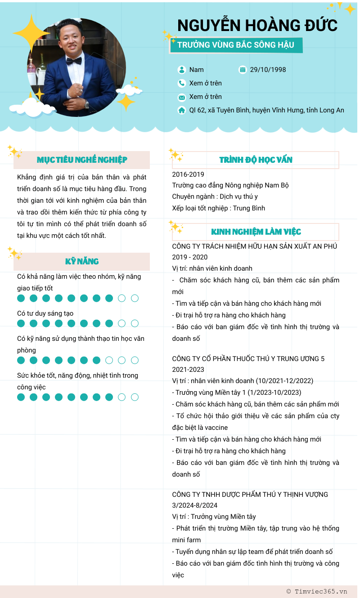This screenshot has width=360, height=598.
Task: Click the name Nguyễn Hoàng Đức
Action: [257, 26]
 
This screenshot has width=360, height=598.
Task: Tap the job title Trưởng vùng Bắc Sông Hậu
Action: [236, 45]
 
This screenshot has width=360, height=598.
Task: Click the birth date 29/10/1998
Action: [268, 70]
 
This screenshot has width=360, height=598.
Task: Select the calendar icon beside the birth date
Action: [243, 70]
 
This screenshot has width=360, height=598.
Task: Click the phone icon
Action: [182, 83]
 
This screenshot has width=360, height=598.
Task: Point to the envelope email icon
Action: [182, 97]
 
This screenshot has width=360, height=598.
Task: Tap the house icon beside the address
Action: [182, 110]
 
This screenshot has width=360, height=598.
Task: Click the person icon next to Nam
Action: [182, 70]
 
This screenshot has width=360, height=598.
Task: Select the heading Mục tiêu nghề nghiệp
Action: [82, 160]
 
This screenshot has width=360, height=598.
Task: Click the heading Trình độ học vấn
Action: [256, 160]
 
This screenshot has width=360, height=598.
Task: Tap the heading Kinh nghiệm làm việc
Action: [256, 232]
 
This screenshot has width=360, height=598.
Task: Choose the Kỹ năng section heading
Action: [82, 261]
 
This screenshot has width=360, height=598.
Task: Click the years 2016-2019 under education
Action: [188, 174]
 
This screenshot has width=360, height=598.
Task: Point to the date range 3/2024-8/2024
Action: [195, 505]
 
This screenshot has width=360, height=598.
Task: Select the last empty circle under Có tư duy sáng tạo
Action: [135, 323]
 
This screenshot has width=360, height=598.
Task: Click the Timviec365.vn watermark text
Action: [320, 592]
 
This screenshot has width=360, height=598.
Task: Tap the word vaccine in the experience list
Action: [214, 428]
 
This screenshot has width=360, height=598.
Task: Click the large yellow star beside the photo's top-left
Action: [31, 33]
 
